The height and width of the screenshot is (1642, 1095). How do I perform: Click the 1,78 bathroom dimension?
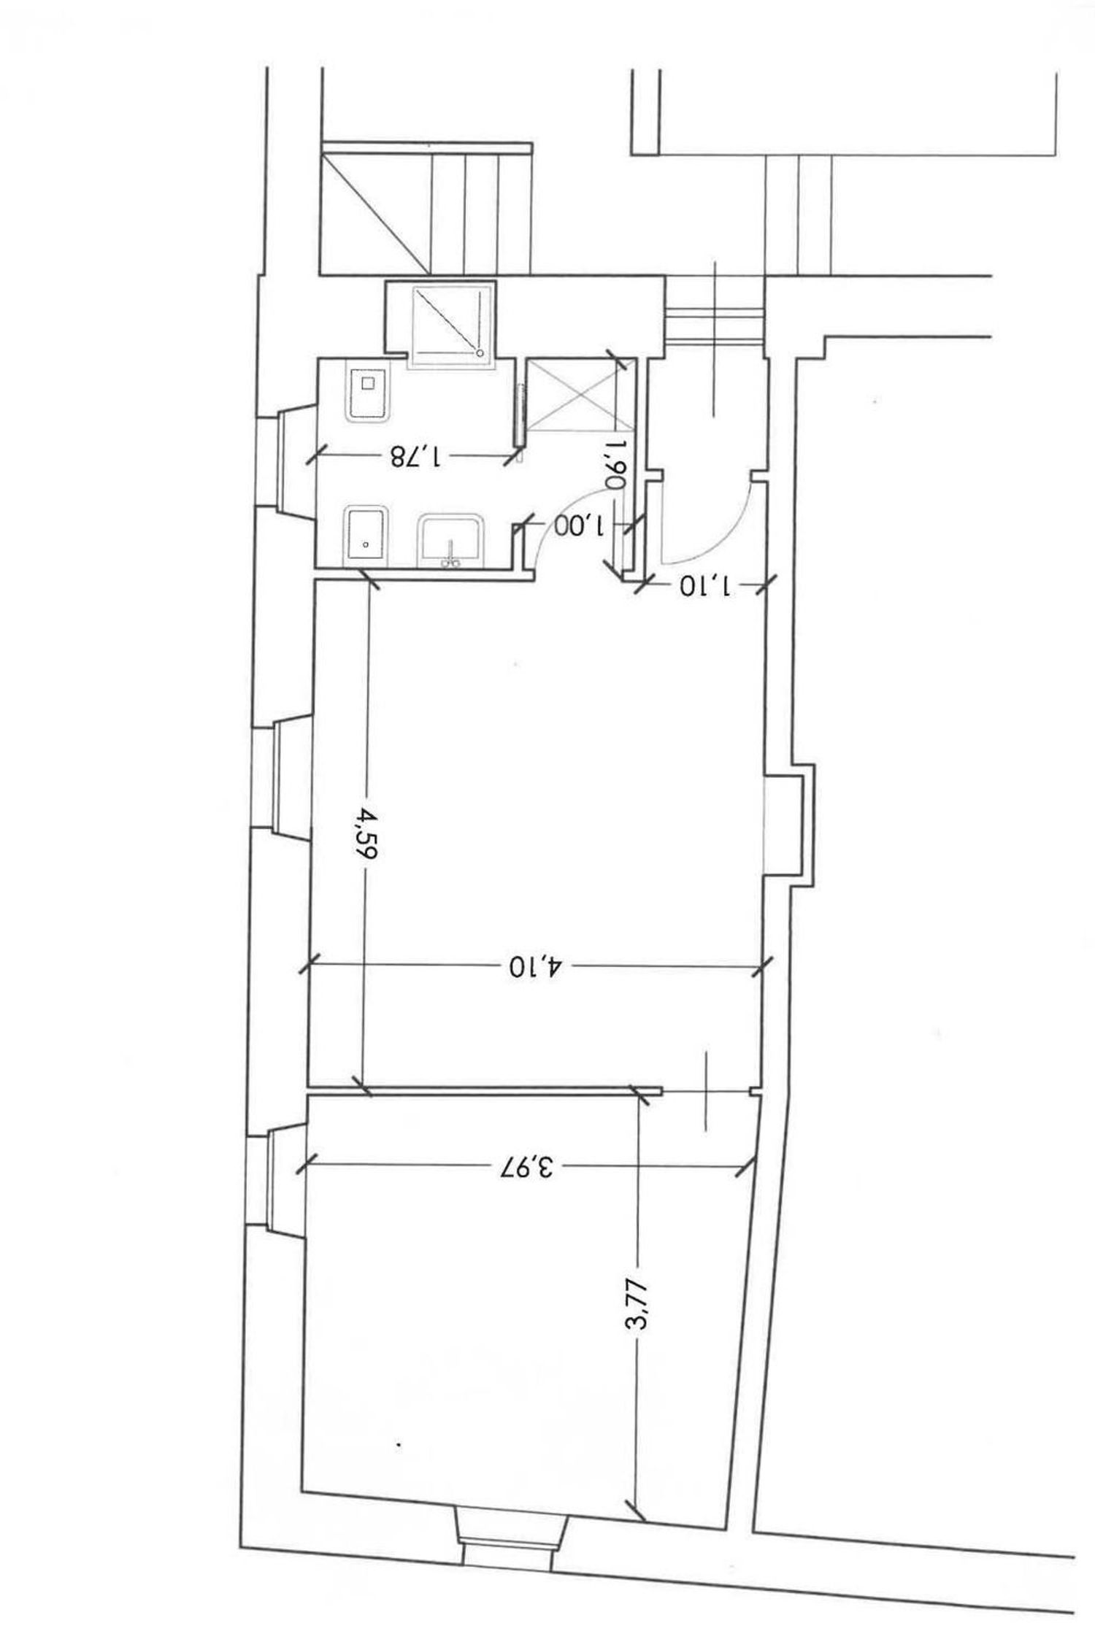point(416,457)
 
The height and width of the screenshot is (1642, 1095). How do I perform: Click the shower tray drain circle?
point(480,353)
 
